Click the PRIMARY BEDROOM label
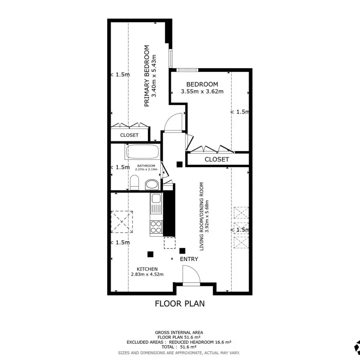pos(147,76)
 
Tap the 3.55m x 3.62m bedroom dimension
pos(202,91)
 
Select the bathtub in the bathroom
pos(143,152)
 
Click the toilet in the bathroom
pos(134,183)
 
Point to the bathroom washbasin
pos(152,185)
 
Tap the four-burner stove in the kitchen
pos(156,227)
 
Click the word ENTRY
pos(189,259)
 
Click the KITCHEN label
pos(147,269)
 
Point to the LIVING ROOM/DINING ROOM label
pos(202,216)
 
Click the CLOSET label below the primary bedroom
pos(129,135)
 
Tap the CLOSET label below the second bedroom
pos(217,159)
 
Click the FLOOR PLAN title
pos(180,303)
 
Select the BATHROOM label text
pos(146,166)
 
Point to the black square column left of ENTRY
pos(150,254)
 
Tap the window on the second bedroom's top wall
pos(187,70)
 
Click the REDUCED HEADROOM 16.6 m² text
pos(200,342)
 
